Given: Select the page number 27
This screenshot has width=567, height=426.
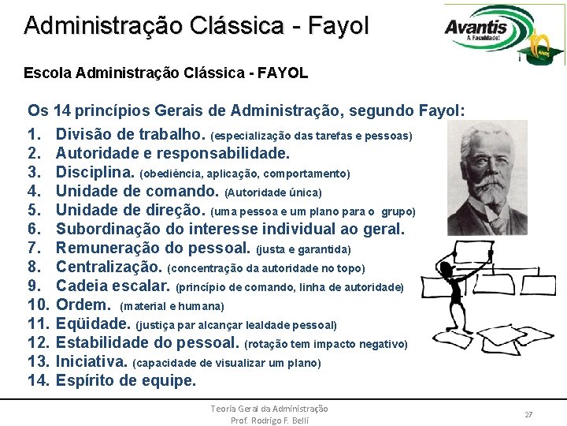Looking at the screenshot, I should pyautogui.click(x=528, y=414).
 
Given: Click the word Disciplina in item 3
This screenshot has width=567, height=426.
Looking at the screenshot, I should pyautogui.click(x=95, y=172).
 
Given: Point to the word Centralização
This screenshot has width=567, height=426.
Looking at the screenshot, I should pyautogui.click(x=109, y=267).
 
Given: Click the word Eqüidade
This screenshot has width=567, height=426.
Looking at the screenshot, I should pyautogui.click(x=93, y=323).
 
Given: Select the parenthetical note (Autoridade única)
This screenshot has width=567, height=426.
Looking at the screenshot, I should pyautogui.click(x=273, y=192).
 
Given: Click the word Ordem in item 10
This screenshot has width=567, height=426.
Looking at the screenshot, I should pyautogui.click(x=83, y=305).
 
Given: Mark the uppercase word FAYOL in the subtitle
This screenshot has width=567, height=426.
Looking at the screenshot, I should pyautogui.click(x=282, y=73).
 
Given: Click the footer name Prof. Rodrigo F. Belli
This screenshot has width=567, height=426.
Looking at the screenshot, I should pyautogui.click(x=269, y=420).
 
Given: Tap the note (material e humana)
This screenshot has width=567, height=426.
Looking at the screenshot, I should pyautogui.click(x=172, y=306).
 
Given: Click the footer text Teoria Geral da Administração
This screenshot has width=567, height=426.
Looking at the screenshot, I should pyautogui.click(x=269, y=409).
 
